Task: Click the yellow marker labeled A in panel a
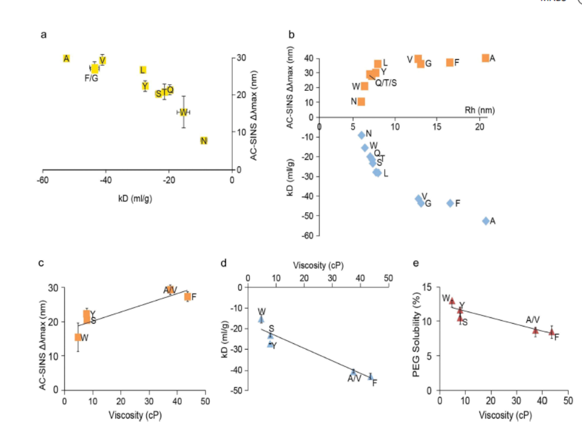tap(67, 58)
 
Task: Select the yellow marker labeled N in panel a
tap(204, 141)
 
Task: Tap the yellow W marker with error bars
tap(184, 112)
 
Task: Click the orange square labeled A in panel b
tap(486, 58)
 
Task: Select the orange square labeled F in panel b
tap(450, 62)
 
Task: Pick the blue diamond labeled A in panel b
tap(486, 221)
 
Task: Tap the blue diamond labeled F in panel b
tap(450, 203)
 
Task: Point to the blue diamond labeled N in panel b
tap(362, 135)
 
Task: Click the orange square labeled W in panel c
tap(78, 337)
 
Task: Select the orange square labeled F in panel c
tap(188, 297)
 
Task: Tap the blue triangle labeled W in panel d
tap(261, 319)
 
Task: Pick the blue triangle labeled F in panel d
tap(371, 377)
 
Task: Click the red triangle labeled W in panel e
tap(452, 301)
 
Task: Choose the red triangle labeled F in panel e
tap(551, 332)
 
